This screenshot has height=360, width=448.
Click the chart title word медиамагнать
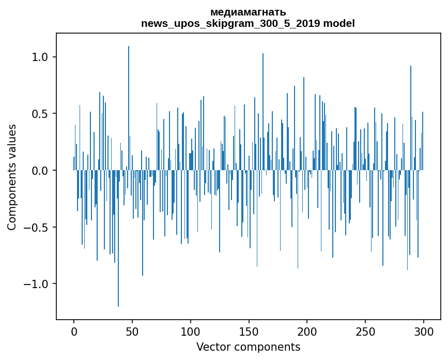(x=248, y=12)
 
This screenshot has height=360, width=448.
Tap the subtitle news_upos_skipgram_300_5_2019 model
(x=248, y=23)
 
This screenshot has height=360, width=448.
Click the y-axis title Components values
(x=11, y=177)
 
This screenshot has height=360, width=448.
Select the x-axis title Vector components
(x=248, y=347)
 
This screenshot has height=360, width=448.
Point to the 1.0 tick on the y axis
(x=40, y=57)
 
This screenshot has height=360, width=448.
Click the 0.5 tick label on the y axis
(x=40, y=114)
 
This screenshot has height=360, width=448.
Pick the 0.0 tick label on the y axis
(x=40, y=170)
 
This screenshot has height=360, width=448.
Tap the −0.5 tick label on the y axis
(x=37, y=227)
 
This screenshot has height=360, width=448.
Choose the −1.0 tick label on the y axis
(x=37, y=284)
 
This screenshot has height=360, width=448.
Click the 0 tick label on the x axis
(x=74, y=331)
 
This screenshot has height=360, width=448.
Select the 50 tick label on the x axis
(x=132, y=331)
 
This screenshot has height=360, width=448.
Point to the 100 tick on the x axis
(x=191, y=331)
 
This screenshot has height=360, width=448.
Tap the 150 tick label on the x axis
(x=249, y=331)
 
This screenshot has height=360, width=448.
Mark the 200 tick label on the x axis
(x=307, y=331)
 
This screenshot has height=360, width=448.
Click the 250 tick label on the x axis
(x=366, y=331)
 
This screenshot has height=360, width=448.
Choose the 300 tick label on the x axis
(x=424, y=331)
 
